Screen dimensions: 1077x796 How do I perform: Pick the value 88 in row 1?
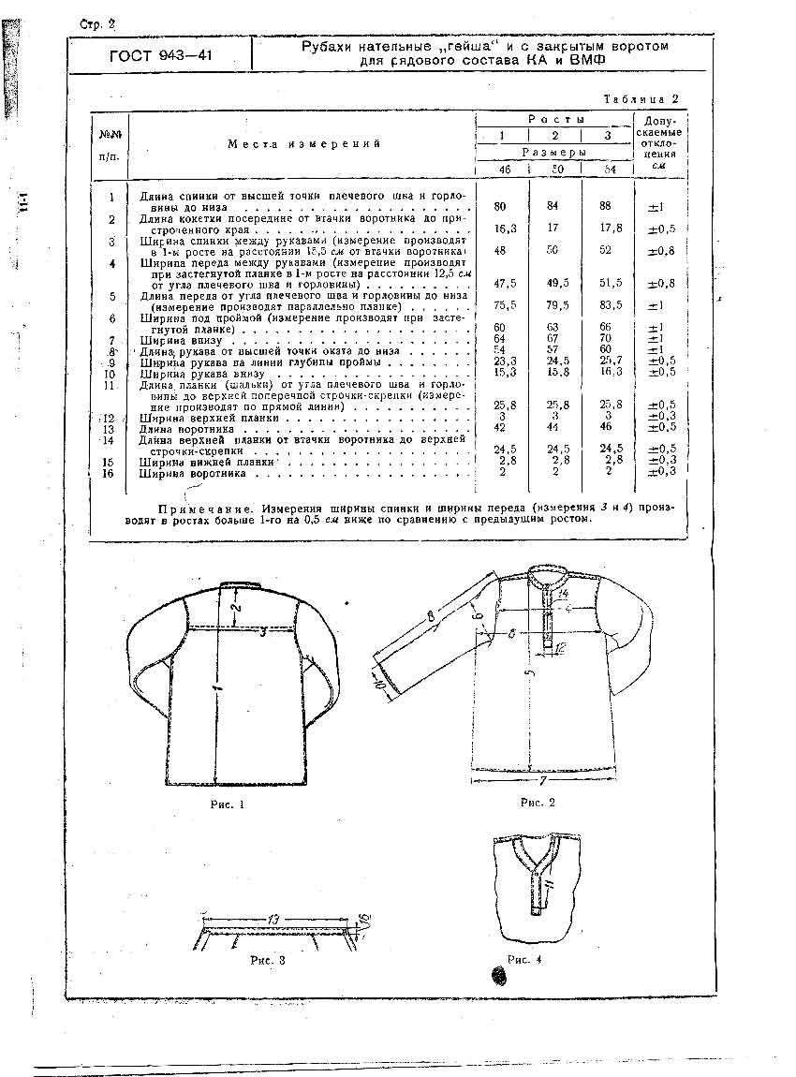607,206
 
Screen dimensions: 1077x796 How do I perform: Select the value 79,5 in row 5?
556,303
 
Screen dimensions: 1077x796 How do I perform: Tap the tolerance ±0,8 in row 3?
661,251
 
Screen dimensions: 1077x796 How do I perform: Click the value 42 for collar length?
501,428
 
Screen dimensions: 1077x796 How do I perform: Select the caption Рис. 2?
538,802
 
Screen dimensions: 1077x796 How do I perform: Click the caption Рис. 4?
524,958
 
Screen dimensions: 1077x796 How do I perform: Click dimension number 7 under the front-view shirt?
540,779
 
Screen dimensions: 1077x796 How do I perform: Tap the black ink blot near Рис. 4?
498,976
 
